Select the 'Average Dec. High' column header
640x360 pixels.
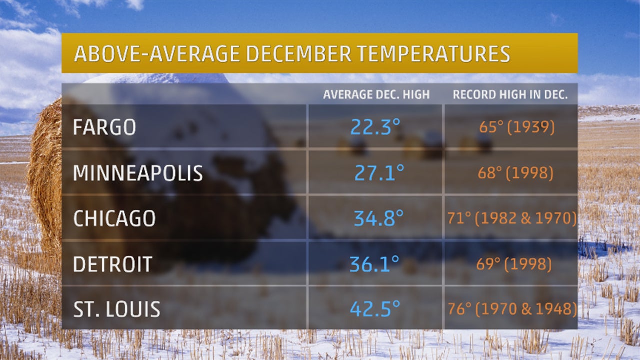[x=376, y=95]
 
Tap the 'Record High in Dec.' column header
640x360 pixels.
[x=510, y=95]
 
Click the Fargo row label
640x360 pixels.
[x=104, y=127]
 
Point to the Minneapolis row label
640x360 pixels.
[x=138, y=173]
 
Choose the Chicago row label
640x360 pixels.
[x=114, y=219]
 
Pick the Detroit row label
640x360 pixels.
[x=112, y=264]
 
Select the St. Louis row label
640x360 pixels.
[x=116, y=309]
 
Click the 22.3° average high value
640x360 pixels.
[x=375, y=127]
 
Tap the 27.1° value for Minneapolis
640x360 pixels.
[x=379, y=173]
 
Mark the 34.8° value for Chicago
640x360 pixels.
[x=378, y=219]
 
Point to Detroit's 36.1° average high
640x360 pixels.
[x=374, y=264]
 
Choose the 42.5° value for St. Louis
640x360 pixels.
[x=375, y=309]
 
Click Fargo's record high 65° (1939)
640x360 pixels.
[x=517, y=127]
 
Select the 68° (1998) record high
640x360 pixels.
[x=515, y=173]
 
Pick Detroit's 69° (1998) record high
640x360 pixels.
[x=514, y=264]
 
